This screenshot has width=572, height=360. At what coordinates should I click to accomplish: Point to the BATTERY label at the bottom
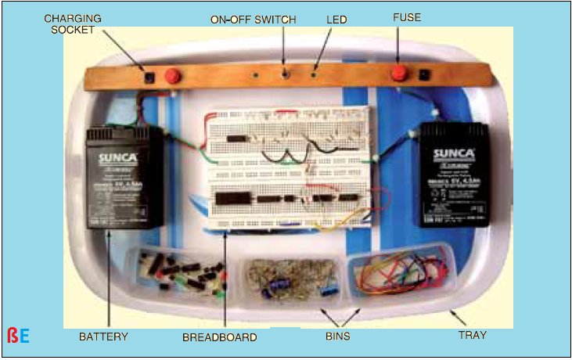pyautogui.click(x=103, y=337)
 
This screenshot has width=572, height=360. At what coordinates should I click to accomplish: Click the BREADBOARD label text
pyautogui.click(x=219, y=337)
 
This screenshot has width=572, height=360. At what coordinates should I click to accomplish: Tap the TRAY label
pyautogui.click(x=472, y=335)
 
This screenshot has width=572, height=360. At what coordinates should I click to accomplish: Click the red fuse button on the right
pyautogui.click(x=399, y=74)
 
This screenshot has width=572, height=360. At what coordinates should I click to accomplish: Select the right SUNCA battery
pyautogui.click(x=454, y=174)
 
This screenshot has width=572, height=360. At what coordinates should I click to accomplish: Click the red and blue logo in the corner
pyautogui.click(x=18, y=337)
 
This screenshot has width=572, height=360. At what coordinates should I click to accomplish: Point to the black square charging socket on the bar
pyautogui.click(x=149, y=77)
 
